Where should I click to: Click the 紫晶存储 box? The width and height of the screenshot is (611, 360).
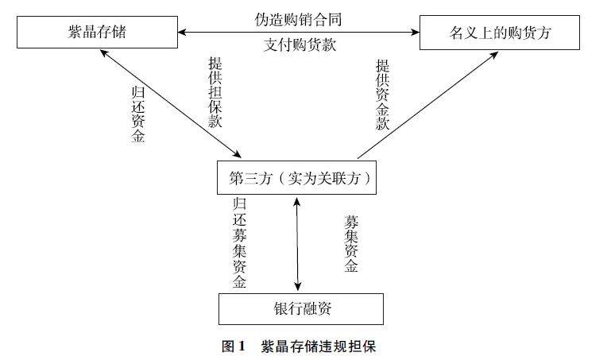coord(97,32)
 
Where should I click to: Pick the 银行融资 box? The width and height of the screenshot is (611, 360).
coord(300,309)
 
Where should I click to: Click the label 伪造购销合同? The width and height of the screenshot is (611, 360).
coord(300,16)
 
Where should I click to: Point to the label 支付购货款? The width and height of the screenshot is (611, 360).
coord(300,45)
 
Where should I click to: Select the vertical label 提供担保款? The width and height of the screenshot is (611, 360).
coord(215,93)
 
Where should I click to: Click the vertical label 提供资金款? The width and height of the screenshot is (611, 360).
coord(382,93)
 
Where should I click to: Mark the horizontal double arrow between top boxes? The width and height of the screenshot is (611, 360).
coord(300,32)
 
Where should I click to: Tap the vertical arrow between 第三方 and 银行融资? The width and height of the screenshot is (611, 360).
coord(298,244)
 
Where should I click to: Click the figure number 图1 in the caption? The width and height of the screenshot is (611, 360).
coord(234,346)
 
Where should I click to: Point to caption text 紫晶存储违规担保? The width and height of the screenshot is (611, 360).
coord(322,346)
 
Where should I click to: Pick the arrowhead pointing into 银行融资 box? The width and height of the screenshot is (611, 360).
coord(298,288)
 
